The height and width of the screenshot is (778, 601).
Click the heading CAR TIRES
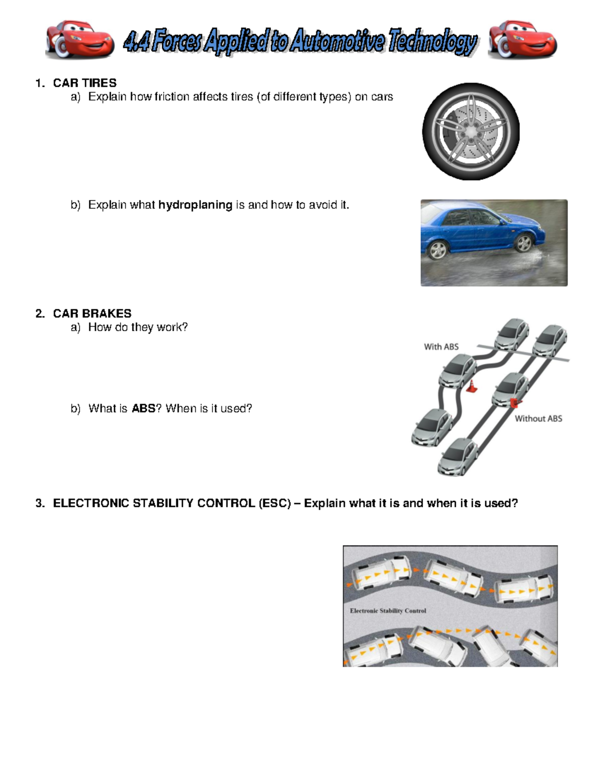(85, 83)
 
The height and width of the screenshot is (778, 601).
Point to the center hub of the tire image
(470, 131)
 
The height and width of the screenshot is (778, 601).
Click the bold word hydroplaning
(195, 205)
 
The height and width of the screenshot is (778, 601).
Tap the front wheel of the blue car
(523, 243)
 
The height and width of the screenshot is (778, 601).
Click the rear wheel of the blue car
(438, 249)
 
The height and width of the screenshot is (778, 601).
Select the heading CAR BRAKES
(92, 314)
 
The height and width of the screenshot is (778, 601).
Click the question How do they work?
(138, 327)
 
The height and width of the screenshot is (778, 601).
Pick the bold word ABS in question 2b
(143, 409)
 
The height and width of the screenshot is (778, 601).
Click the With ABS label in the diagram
(441, 347)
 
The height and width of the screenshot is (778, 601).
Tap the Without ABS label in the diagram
(538, 419)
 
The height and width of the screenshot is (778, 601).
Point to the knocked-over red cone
(515, 402)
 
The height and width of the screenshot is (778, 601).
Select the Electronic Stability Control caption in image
(388, 611)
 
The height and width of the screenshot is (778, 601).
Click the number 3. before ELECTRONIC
(40, 503)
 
